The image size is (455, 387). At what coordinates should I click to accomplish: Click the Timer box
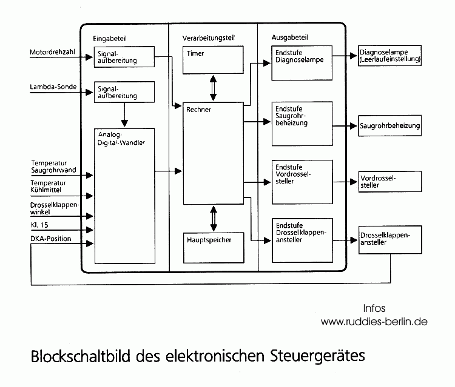(x=213, y=60)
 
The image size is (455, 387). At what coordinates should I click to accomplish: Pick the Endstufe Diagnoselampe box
(x=302, y=62)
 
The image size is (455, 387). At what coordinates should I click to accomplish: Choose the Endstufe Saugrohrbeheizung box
(x=302, y=124)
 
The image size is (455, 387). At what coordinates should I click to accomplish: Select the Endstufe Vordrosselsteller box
(x=302, y=181)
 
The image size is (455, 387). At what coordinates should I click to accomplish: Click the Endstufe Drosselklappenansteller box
(x=302, y=240)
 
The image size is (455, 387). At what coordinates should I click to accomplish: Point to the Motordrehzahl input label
(x=53, y=52)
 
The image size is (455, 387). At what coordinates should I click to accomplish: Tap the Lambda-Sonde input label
(x=53, y=87)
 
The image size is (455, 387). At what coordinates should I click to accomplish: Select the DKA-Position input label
(x=50, y=239)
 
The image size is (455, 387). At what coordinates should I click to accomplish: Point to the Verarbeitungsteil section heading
(x=208, y=38)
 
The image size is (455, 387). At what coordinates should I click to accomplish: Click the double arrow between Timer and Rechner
(x=213, y=88)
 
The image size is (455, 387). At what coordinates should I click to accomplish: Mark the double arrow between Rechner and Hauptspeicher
(x=213, y=218)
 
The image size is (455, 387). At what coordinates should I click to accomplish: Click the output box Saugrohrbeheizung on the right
(x=389, y=127)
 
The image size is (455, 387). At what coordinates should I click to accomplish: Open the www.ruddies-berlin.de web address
(x=374, y=322)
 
